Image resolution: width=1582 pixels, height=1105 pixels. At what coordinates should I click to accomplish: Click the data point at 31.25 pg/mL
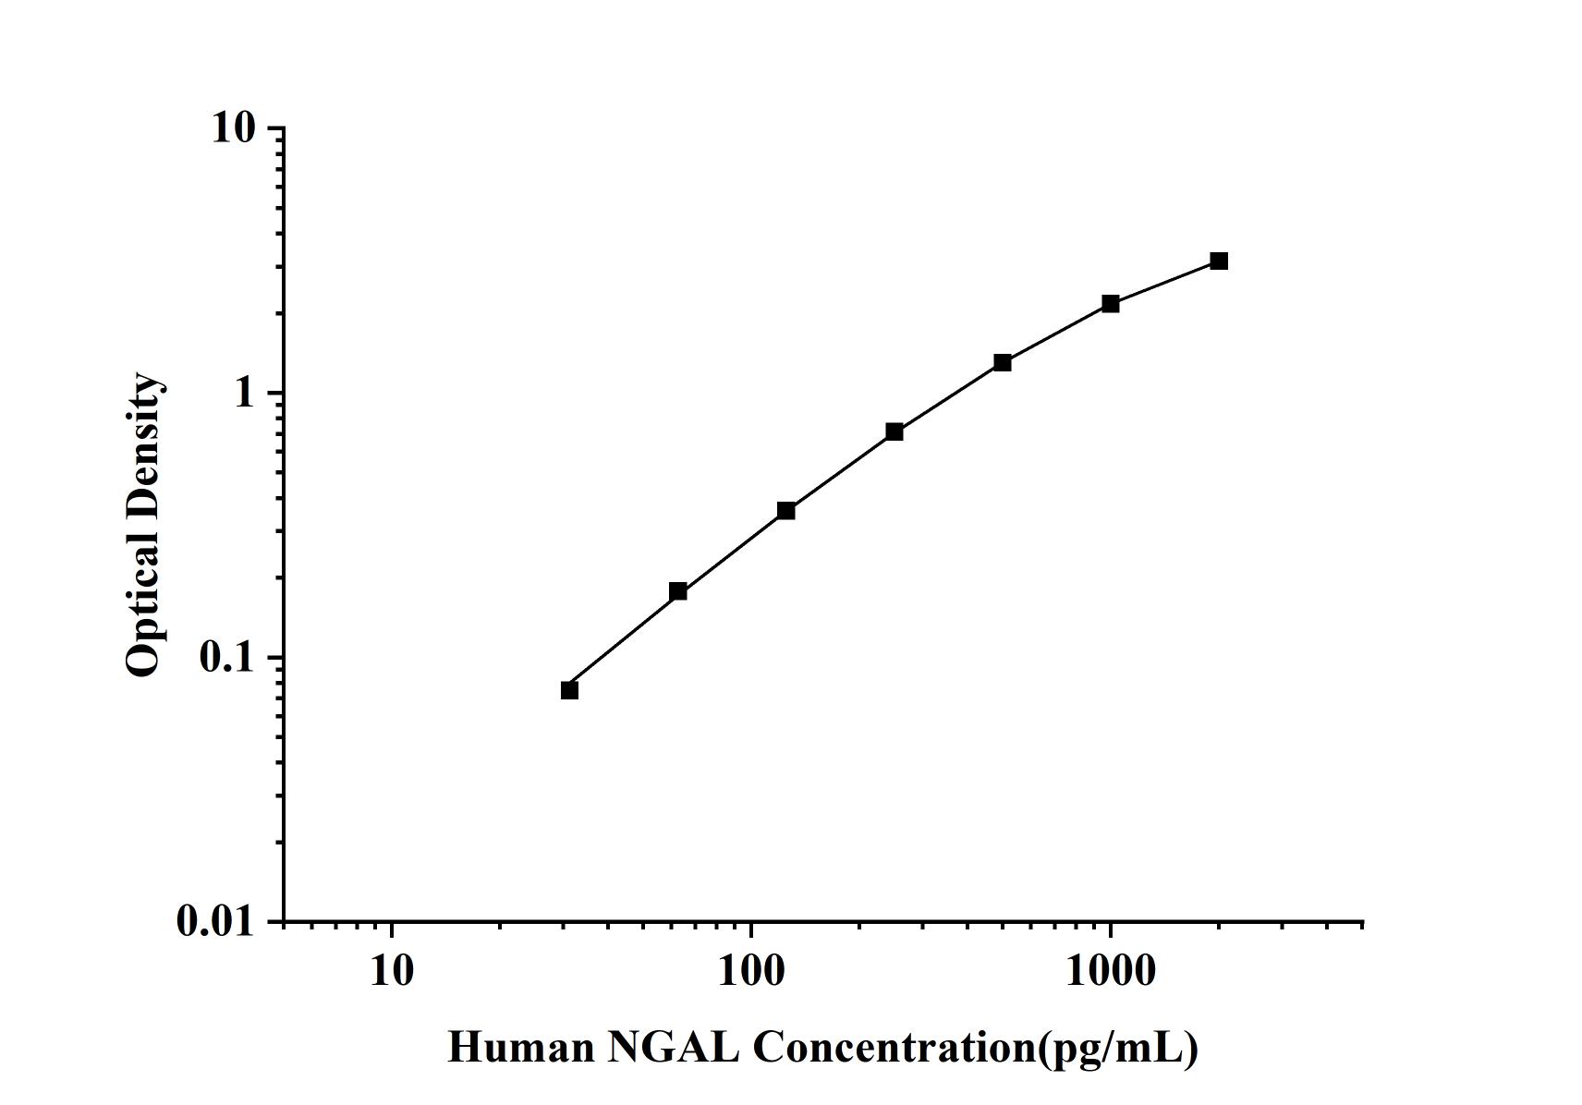pos(569,690)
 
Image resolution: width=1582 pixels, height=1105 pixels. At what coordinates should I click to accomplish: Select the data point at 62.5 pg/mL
pos(677,591)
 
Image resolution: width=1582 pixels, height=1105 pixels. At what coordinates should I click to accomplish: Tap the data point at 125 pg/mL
pos(786,511)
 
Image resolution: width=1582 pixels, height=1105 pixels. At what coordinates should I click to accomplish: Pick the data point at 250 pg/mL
pos(894,431)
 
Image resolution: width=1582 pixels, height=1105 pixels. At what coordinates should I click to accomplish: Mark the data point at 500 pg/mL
pos(1003,362)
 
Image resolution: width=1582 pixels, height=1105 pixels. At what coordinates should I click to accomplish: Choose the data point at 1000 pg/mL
pos(1111,304)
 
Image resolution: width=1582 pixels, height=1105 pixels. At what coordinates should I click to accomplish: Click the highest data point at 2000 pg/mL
pos(1219,261)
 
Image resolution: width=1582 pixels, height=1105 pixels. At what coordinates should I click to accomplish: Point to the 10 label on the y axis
pos(233,128)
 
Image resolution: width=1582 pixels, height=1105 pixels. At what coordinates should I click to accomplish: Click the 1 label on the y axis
pos(244,394)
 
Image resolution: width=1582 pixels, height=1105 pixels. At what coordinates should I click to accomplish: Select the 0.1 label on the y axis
pos(226,658)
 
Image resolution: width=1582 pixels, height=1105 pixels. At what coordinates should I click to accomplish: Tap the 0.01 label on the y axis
pos(215,921)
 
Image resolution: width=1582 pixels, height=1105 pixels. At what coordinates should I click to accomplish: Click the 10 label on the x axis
pos(391,972)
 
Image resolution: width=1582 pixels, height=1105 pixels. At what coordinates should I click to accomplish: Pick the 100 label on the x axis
pos(750,972)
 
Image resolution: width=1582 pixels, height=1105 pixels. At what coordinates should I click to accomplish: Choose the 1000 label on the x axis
pos(1110,972)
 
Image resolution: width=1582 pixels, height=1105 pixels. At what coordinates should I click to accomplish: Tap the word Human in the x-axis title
pos(521,1048)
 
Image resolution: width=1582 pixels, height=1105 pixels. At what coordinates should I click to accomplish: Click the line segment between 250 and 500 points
pos(949,397)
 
